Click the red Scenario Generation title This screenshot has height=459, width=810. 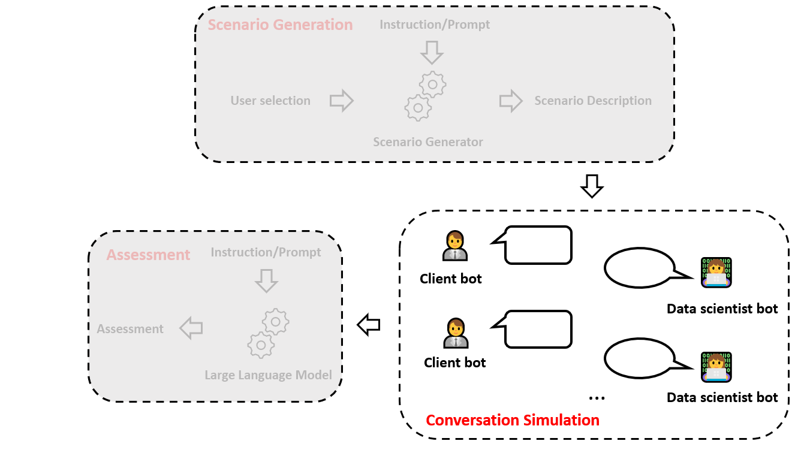pos(280,25)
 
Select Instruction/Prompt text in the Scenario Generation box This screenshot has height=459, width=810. pos(435,25)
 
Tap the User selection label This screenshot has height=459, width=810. pos(270,101)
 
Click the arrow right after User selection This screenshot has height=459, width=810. pos(342,101)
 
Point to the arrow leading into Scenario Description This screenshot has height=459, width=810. pos(511,101)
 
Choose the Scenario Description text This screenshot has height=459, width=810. pos(593,101)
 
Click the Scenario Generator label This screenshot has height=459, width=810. pos(427,142)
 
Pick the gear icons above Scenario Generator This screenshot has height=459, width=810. pos(425,96)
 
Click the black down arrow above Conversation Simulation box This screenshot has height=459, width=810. pos(592,186)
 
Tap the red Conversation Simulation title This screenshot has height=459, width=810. pos(513,420)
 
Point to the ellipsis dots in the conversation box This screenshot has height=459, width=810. pos(597,398)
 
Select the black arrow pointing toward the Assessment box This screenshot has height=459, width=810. pos(369,325)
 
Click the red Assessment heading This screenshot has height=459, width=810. pos(148,255)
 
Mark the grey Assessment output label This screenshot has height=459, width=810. pos(130,329)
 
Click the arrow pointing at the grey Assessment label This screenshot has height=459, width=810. pos(191,328)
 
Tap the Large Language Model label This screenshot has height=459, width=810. pos(269,375)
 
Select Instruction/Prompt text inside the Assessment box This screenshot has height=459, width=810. pos(266,252)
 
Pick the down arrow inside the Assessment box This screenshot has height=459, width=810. pos(267,280)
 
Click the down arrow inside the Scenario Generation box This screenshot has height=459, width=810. pos(432,53)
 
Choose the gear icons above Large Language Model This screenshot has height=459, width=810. pos(269,333)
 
